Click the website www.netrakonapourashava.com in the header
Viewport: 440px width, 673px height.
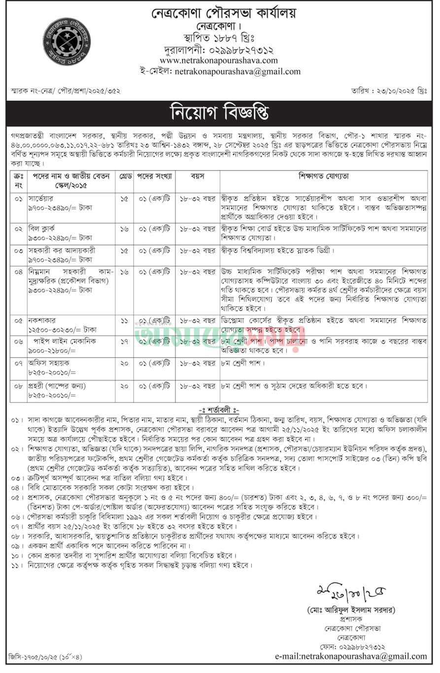218,60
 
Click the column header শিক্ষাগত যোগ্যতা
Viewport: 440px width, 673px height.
323,176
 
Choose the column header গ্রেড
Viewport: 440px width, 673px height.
124,176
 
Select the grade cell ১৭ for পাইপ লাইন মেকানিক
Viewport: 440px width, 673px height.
124,341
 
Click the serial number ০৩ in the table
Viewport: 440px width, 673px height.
18,250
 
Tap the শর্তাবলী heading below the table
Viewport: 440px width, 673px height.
219,410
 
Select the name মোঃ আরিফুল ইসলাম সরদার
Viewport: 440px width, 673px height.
350,610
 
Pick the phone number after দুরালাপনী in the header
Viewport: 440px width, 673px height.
241,50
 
